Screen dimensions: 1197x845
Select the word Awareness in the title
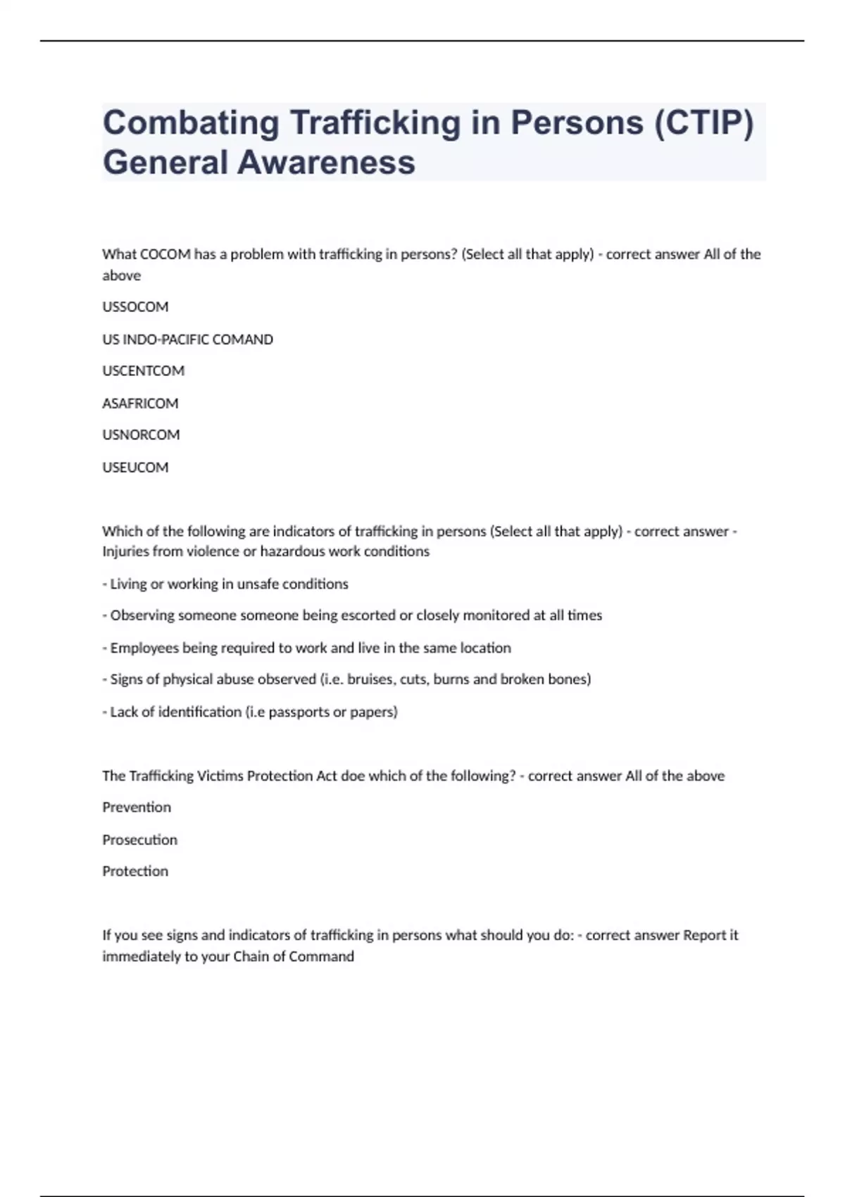(326, 163)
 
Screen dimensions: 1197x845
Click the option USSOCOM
(135, 307)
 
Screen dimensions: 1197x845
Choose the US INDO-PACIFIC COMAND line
(187, 339)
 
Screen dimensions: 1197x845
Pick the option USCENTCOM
(143, 371)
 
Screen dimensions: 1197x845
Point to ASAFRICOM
(140, 403)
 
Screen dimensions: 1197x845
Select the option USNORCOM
(141, 435)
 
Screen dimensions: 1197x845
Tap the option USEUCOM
(135, 468)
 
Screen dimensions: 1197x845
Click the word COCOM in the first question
(165, 254)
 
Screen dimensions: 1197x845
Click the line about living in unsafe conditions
(225, 584)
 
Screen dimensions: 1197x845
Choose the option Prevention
(137, 808)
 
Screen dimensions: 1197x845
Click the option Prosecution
(139, 840)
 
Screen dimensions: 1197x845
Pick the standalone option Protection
(135, 872)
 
